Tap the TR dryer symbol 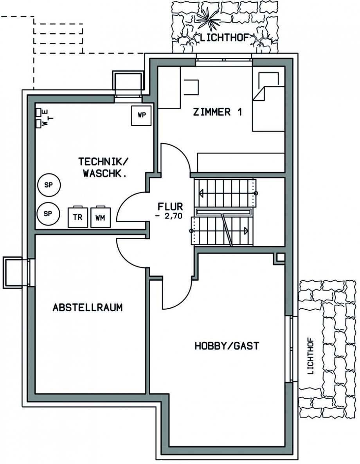(78, 217)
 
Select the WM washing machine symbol (100, 217)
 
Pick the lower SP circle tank (49, 213)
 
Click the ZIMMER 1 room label (218, 112)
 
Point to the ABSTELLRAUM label (88, 307)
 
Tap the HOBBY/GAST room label (227, 346)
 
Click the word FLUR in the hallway (170, 206)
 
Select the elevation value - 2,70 (169, 216)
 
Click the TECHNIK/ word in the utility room (104, 162)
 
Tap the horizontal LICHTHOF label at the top (224, 38)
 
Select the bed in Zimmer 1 (268, 108)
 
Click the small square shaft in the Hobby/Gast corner (279, 258)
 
